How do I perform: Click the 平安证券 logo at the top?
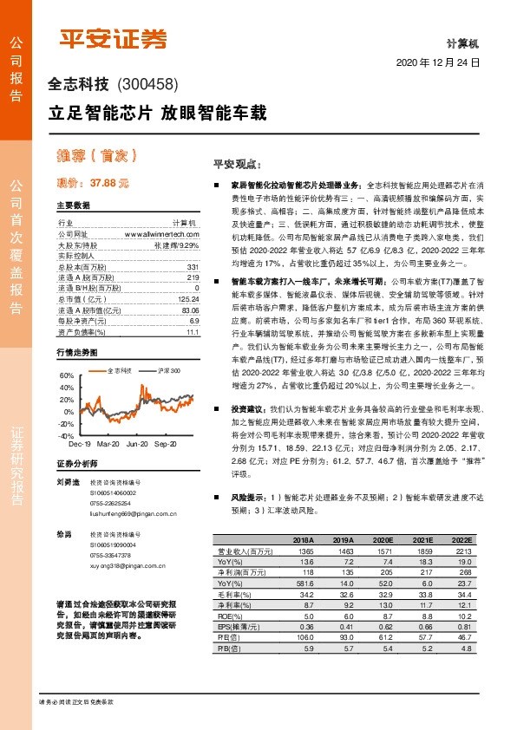pos(112,37)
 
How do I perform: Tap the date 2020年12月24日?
pos(438,63)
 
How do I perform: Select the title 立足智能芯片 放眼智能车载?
pos(156,113)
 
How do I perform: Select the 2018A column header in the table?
pos(298,541)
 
